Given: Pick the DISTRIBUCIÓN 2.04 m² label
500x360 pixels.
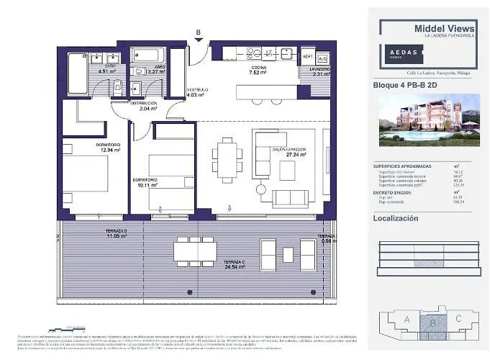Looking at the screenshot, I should click(144, 107).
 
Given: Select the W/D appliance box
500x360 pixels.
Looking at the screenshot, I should click(322, 58).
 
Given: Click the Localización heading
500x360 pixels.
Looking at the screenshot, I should click(396, 218).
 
